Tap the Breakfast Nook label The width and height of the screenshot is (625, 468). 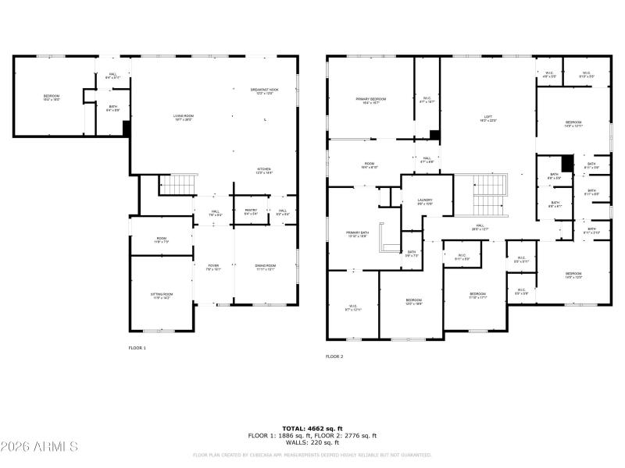click(x=264, y=91)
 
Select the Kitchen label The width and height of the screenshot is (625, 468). click(x=264, y=171)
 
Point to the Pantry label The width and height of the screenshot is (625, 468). click(x=251, y=211)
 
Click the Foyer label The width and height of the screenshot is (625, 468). click(x=212, y=268)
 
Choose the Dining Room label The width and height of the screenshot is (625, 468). click(x=266, y=268)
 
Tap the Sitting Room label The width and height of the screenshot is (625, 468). click(x=162, y=296)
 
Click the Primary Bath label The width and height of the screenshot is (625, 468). click(x=358, y=234)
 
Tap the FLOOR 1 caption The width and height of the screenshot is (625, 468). click(x=137, y=348)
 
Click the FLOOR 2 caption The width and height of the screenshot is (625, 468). click(x=334, y=356)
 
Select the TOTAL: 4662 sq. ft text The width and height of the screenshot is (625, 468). click(x=312, y=428)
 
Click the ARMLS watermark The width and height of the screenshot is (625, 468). click(x=39, y=447)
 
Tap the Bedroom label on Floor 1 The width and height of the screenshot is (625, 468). click(x=52, y=97)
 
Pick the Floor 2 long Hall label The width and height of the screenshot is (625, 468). click(x=479, y=228)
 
